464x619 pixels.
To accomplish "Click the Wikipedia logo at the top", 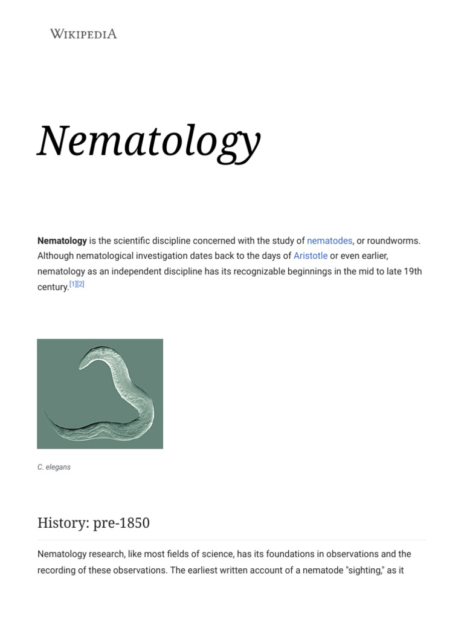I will click(x=83, y=34).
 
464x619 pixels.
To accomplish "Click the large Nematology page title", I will click(x=149, y=141).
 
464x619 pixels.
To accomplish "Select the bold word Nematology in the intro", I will click(x=62, y=241).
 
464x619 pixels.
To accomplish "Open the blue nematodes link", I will click(x=329, y=241).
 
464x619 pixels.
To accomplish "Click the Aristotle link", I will click(x=311, y=256).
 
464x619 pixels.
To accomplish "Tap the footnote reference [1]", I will click(x=73, y=284).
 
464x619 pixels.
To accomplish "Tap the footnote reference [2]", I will click(x=80, y=284).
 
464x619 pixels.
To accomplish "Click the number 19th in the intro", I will click(x=413, y=271).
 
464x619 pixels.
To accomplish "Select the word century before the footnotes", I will click(x=53, y=287).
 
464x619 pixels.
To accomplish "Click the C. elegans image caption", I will click(x=54, y=467).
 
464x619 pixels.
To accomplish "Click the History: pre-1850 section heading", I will click(x=94, y=523).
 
